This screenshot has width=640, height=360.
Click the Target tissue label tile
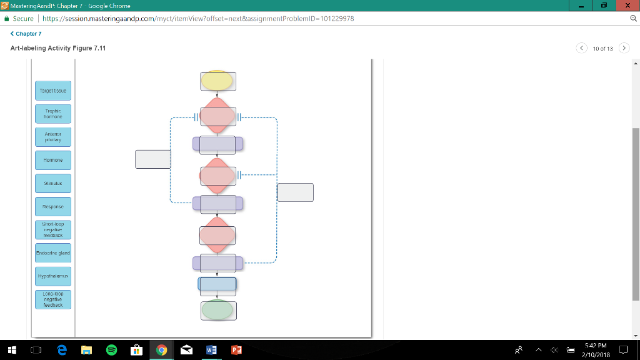tap(53, 91)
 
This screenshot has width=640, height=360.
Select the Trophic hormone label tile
tap(53, 114)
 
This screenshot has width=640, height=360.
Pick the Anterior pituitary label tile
tap(53, 137)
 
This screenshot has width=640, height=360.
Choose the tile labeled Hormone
tap(53, 160)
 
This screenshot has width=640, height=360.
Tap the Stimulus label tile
tap(53, 184)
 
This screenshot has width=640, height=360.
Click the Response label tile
tap(53, 206)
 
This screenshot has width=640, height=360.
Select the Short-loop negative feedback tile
tap(53, 229)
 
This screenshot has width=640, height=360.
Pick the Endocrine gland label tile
tap(53, 252)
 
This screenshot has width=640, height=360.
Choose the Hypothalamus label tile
tap(53, 276)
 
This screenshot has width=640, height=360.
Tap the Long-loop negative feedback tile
tap(53, 299)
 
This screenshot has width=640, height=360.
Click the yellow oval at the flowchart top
tap(217, 80)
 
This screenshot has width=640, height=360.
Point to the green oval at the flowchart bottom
tap(217, 310)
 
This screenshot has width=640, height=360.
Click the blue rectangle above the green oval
tap(217, 286)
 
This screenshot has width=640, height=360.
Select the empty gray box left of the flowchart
tap(153, 159)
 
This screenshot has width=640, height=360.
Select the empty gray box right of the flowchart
tap(296, 192)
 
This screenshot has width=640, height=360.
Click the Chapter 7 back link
tap(26, 34)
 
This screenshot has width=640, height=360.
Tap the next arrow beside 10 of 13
tap(624, 48)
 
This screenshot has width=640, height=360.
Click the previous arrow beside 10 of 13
tap(582, 48)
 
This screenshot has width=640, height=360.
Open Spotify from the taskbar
tap(111, 350)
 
